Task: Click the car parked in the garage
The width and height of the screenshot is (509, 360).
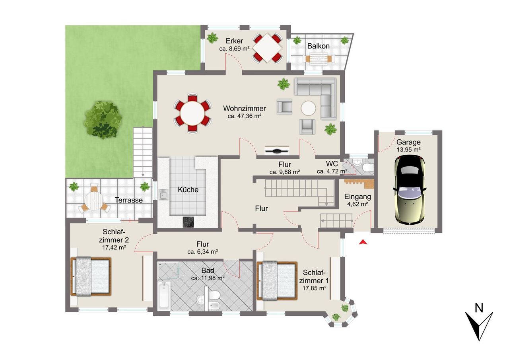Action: (410, 190)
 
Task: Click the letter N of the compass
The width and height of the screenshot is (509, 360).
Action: (479, 308)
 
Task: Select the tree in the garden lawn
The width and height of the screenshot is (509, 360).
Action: (103, 120)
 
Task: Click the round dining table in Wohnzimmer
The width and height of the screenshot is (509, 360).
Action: (192, 113)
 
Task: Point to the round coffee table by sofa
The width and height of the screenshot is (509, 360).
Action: (308, 108)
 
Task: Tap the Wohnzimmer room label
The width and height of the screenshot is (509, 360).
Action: (244, 109)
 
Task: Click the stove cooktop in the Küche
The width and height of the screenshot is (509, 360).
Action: (188, 222)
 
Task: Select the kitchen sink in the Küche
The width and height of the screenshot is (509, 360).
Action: (163, 195)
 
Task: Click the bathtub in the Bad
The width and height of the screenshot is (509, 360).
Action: (164, 296)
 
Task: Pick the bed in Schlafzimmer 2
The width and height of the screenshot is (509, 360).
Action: (91, 276)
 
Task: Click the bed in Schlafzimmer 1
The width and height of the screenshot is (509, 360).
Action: (277, 281)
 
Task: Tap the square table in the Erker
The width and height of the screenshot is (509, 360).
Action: (268, 48)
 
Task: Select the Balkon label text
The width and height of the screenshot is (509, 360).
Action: (319, 46)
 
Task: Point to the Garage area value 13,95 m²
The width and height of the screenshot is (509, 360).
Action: (408, 150)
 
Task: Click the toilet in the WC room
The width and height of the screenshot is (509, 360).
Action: (368, 168)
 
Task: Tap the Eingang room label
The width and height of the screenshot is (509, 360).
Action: (357, 197)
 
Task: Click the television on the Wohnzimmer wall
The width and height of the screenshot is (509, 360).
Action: (277, 150)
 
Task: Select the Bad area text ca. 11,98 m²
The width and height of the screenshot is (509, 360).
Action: (208, 278)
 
